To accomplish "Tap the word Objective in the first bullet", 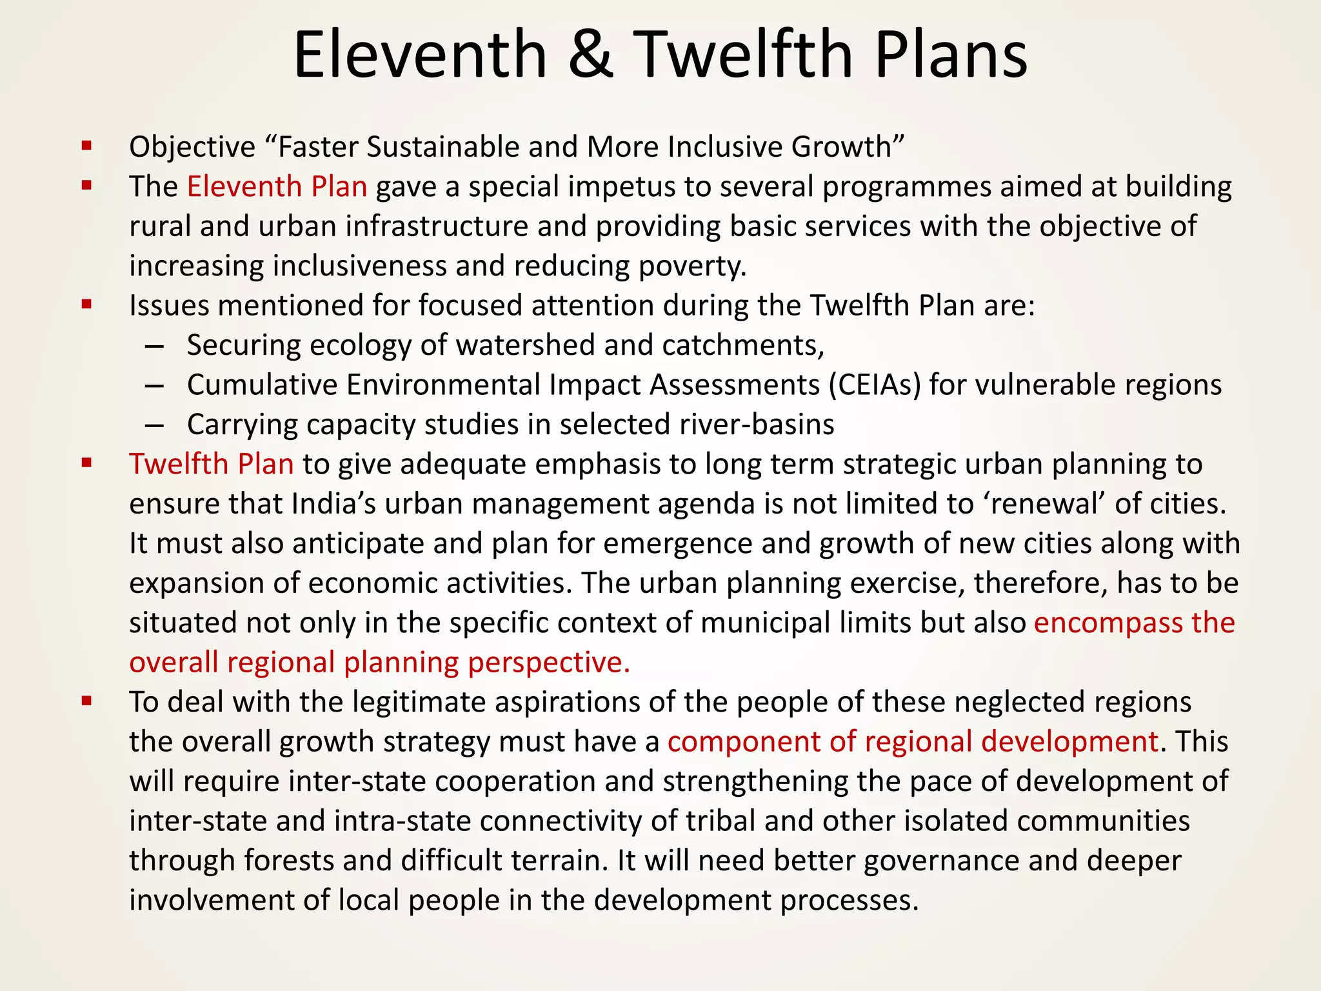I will pyautogui.click(x=192, y=148).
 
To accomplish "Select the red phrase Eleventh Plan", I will pyautogui.click(x=277, y=186).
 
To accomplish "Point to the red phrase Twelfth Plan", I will pyautogui.click(x=212, y=465).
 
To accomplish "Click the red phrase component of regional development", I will pyautogui.click(x=913, y=742).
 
